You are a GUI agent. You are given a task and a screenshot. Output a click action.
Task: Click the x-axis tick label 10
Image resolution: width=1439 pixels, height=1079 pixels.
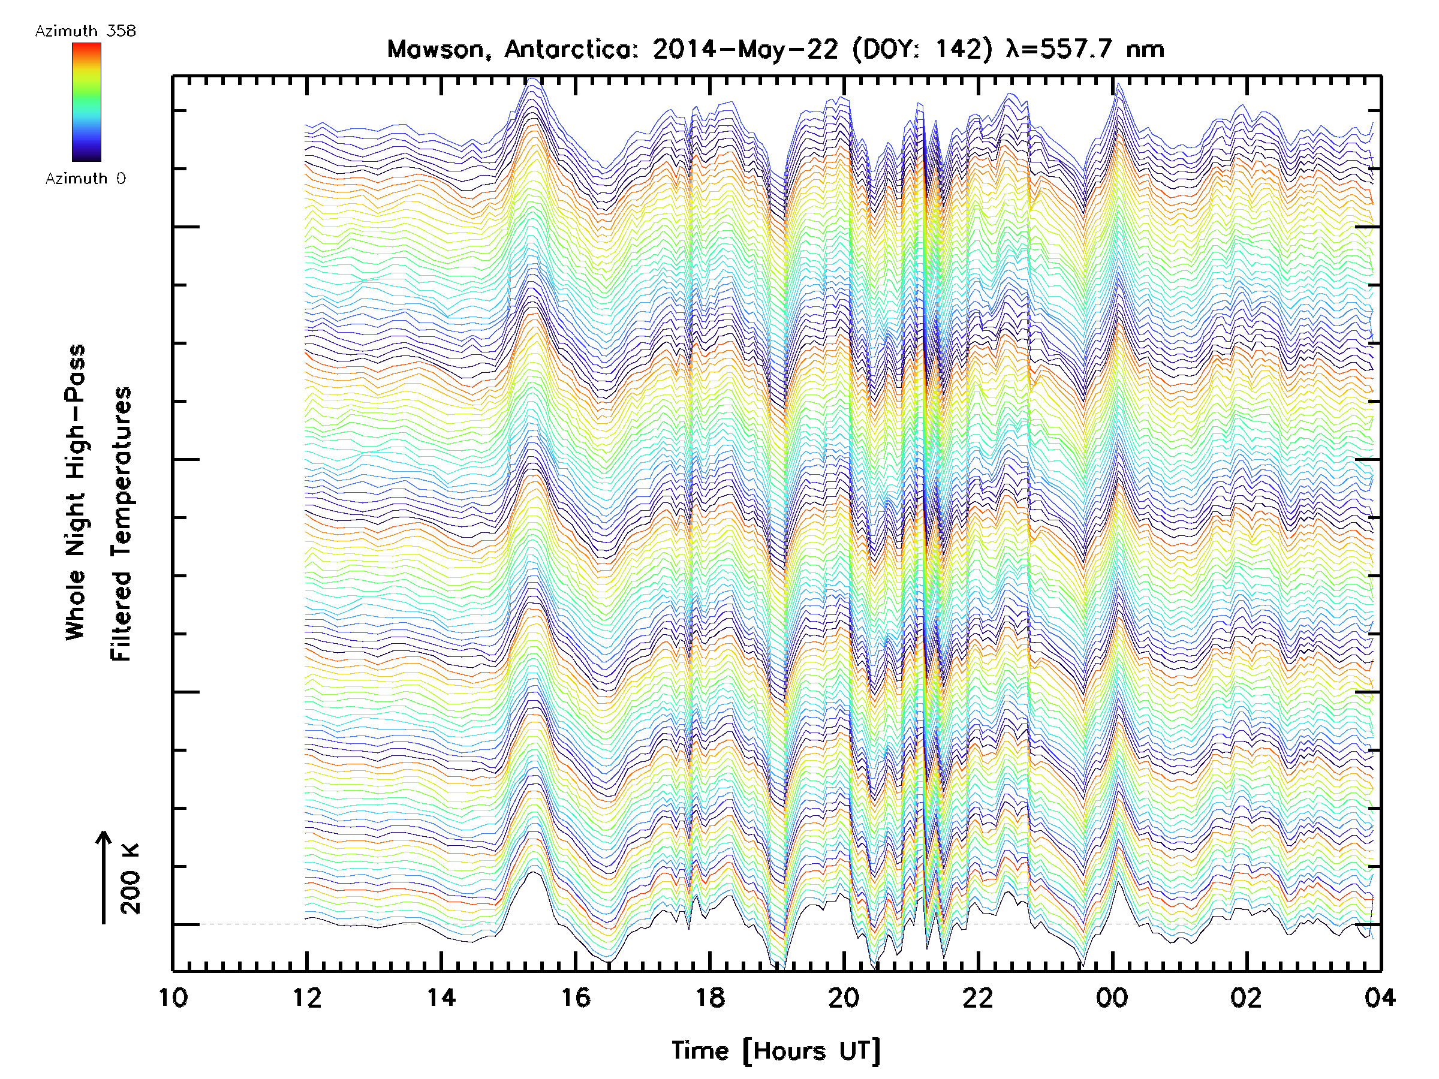point(173,997)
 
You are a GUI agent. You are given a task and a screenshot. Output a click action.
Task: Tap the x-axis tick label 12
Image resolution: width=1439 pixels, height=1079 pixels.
point(307,997)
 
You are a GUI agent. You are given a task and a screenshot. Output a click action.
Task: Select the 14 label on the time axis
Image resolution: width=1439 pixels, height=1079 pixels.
point(441,997)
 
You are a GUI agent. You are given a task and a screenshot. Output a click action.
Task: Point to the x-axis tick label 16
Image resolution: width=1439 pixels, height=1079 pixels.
point(575,997)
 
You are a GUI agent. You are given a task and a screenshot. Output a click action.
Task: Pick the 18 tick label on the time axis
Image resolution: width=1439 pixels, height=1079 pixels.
point(710,997)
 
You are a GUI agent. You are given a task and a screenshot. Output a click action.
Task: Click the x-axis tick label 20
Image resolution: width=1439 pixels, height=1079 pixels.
point(844,997)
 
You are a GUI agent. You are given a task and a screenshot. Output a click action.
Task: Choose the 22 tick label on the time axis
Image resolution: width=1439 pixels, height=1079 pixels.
point(978,997)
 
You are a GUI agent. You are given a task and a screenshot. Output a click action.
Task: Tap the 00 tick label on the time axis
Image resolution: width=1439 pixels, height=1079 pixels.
point(1112,997)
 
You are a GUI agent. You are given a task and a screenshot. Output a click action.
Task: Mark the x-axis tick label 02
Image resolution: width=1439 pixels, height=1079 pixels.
point(1246,997)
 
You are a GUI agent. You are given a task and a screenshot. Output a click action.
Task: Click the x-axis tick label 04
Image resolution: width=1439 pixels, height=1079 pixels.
point(1380,997)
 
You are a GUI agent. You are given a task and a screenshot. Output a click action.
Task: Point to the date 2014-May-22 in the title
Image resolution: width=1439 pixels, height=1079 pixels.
point(745,49)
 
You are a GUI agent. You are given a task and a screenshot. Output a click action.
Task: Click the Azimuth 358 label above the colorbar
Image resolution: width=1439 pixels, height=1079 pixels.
point(85,31)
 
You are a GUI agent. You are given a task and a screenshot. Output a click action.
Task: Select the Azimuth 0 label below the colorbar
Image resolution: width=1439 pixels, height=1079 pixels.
point(85,178)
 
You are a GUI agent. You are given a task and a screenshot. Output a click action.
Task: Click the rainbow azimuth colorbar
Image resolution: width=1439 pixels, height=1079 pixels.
point(86,102)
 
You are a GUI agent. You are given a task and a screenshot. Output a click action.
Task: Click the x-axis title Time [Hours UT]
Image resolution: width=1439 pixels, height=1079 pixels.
point(775,1051)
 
